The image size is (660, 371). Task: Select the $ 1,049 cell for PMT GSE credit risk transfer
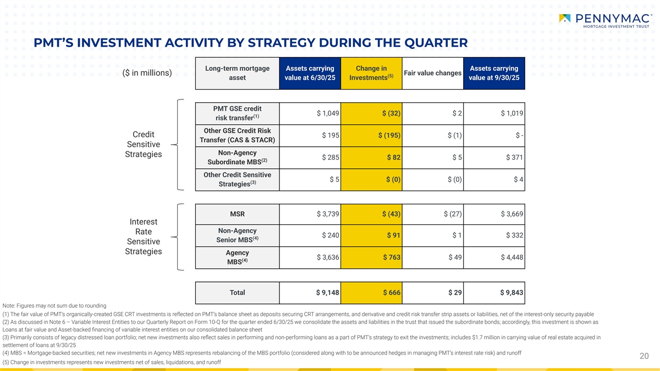[x=328, y=113]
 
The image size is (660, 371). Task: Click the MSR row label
[x=237, y=214]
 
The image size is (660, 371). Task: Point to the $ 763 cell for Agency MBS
[x=392, y=258]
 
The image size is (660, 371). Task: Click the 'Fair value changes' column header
[x=432, y=73]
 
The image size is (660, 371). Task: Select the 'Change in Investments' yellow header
[x=371, y=73]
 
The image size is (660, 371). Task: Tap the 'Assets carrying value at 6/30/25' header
[x=310, y=73]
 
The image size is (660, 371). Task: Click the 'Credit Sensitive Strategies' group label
[x=143, y=145]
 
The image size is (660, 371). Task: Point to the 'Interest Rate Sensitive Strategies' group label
[x=143, y=237]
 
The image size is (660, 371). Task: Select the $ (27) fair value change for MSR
[x=453, y=214]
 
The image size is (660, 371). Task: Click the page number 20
[x=645, y=356]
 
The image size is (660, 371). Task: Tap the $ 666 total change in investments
[x=392, y=292]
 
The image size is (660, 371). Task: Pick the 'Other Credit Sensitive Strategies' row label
[x=237, y=179]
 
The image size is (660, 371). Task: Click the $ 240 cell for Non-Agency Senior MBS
[x=329, y=235]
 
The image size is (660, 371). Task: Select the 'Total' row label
[x=237, y=292]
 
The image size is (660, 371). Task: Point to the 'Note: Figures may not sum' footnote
[x=54, y=305]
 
